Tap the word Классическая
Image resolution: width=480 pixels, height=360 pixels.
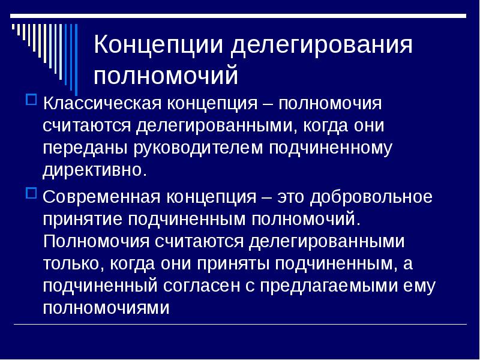(x=102, y=103)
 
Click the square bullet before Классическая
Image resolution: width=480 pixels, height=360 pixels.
(x=31, y=100)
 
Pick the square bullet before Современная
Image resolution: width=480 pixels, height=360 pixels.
(x=31, y=193)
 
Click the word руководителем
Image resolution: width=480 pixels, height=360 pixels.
(x=199, y=148)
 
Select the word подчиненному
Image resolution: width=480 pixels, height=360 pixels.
(x=331, y=148)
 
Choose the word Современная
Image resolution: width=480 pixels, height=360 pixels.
(x=101, y=197)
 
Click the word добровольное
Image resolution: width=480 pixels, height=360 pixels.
(x=371, y=197)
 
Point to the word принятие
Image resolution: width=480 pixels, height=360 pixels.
(x=82, y=220)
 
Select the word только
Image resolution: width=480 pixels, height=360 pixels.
(x=71, y=264)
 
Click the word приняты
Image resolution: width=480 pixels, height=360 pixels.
(x=233, y=264)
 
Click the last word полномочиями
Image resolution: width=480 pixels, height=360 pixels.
(x=106, y=308)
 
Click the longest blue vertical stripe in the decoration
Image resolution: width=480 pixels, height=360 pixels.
(x=76, y=59)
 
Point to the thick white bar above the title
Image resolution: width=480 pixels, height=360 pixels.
(x=238, y=16)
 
